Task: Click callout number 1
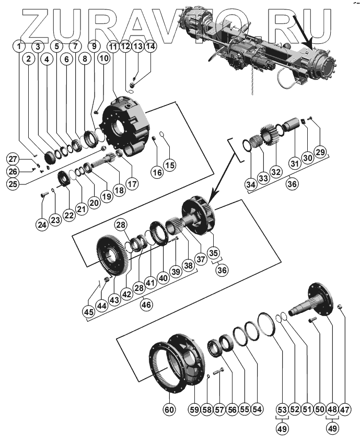pos(19,46)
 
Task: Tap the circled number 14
pos(150,46)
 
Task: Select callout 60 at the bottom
pos(169,410)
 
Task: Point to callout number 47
pos(345,410)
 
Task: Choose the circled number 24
pos(41,225)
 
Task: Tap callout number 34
pos(251,184)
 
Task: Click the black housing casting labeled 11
pos(128,125)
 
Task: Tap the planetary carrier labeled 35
pos(201,217)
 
